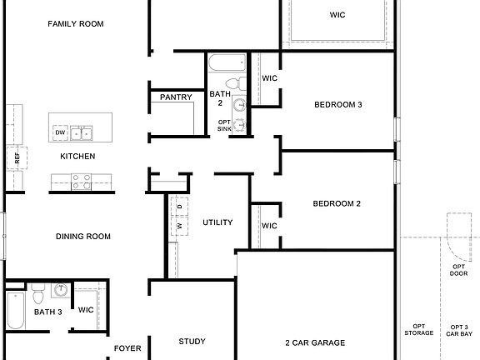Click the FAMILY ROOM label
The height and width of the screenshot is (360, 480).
(x=76, y=24)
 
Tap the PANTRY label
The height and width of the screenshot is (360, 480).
(x=176, y=97)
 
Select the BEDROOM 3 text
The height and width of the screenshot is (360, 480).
(x=337, y=104)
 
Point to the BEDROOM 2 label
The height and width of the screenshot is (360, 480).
(x=337, y=204)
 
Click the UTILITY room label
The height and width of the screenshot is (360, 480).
(x=217, y=222)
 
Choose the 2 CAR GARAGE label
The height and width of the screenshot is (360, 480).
(x=314, y=342)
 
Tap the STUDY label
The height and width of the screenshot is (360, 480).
(x=192, y=342)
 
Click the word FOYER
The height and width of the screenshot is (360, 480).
(x=127, y=347)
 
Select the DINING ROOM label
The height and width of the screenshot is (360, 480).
(x=83, y=237)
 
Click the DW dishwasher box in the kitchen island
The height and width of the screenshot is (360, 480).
(x=60, y=132)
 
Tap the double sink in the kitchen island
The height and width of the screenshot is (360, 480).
(x=82, y=132)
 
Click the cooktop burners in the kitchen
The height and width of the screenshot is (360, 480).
(x=81, y=181)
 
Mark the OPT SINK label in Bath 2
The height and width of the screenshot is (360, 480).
(x=225, y=125)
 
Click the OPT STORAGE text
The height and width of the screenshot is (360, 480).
(x=419, y=330)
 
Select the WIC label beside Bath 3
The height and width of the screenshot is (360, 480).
(x=87, y=310)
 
